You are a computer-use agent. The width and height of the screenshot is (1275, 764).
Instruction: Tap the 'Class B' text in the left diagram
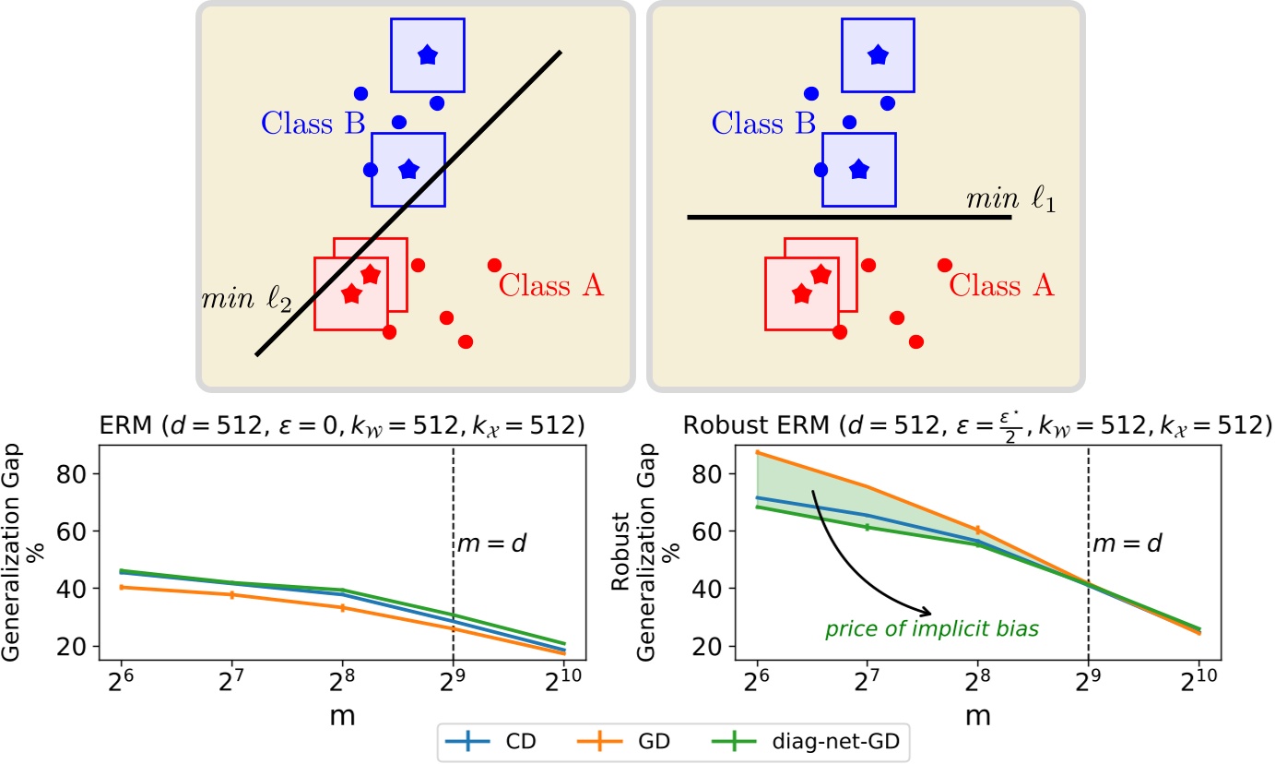tap(313, 123)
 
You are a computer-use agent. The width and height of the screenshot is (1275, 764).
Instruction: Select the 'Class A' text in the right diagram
tap(1001, 286)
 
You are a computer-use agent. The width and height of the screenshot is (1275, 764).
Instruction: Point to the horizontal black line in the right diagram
tap(848, 218)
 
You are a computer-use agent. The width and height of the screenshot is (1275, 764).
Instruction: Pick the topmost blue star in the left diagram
tap(427, 55)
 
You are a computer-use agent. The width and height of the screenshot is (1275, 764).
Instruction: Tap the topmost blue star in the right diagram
tap(878, 55)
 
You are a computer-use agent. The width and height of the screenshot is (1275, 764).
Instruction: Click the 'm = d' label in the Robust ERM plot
tap(1127, 543)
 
